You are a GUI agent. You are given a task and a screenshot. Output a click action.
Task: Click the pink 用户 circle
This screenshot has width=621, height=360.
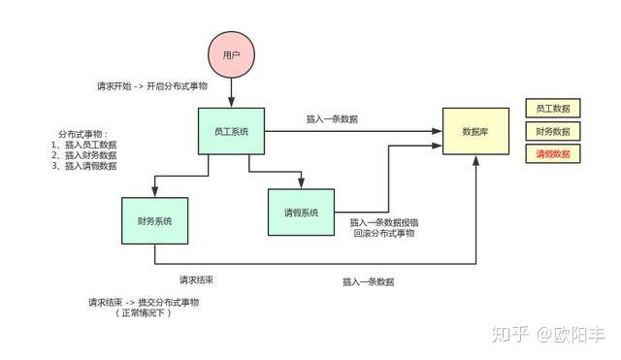(x=231, y=55)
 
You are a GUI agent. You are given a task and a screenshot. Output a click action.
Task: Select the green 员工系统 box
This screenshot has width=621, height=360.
(x=231, y=130)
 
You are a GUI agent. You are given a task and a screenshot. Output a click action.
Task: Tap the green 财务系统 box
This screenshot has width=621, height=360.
(x=154, y=221)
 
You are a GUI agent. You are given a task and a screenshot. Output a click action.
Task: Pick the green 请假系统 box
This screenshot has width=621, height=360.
(x=301, y=213)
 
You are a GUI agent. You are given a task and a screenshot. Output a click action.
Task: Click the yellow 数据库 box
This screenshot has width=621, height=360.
(x=475, y=131)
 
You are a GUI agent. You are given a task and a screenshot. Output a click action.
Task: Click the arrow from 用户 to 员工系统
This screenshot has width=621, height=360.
(x=231, y=95)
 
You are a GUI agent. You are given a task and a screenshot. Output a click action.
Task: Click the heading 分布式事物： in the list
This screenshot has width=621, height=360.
(x=83, y=133)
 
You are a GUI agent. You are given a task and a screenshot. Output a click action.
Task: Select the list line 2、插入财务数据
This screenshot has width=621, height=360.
(x=83, y=155)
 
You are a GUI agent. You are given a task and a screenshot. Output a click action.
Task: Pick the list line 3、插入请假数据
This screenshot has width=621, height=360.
(x=83, y=166)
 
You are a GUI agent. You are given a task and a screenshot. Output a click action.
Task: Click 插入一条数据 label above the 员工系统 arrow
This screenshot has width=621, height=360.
(x=332, y=119)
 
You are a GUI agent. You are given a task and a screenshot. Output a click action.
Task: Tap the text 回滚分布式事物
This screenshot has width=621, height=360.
(x=384, y=234)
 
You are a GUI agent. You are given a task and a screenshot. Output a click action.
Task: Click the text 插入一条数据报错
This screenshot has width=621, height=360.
(x=384, y=222)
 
